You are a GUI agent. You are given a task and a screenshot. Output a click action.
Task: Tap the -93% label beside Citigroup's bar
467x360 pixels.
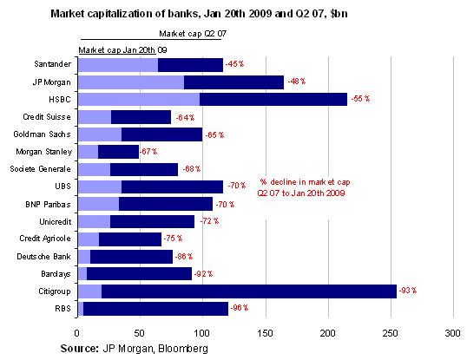408,291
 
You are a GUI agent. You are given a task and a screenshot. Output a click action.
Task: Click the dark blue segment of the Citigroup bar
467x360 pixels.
248,291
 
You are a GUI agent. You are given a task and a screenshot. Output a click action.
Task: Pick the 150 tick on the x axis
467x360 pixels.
266,332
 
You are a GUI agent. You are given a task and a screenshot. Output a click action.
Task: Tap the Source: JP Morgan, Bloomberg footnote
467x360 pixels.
135,347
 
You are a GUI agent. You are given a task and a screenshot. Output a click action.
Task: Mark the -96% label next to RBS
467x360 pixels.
240,309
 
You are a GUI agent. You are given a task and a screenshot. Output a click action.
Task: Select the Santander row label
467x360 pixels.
51,65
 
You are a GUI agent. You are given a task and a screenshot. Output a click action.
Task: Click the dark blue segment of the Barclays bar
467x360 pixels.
139,274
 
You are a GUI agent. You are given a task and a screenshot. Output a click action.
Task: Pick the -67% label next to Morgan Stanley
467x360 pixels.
150,152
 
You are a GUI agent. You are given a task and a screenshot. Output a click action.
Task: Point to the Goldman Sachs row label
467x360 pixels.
43,134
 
